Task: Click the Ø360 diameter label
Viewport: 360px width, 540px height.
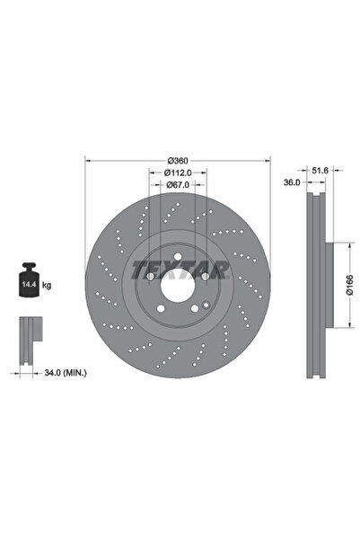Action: click(176, 160)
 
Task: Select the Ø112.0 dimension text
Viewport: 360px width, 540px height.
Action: click(176, 173)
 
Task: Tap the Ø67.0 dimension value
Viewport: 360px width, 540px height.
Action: click(176, 185)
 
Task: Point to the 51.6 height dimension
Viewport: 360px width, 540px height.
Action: click(319, 167)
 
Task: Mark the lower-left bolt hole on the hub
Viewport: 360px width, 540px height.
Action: click(160, 311)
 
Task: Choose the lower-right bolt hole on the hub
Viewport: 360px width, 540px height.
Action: click(192, 311)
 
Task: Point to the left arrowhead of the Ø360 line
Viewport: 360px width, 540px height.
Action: click(87, 160)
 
